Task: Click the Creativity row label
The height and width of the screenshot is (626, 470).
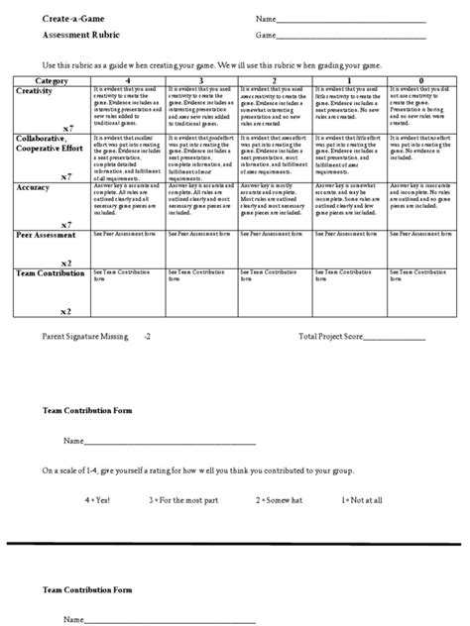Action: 39,89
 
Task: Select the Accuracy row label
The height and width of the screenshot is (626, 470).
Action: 37,185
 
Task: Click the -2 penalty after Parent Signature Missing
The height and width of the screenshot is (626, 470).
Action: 148,336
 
